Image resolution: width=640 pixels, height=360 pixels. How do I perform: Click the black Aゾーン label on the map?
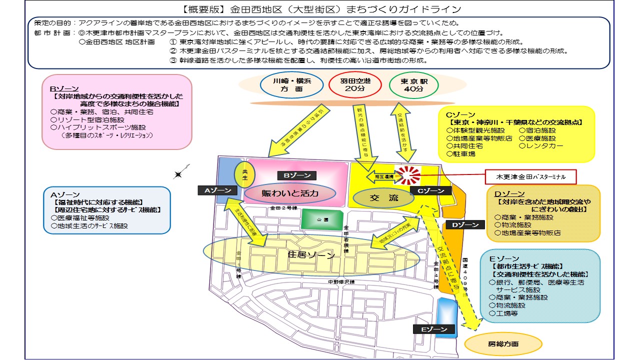214,190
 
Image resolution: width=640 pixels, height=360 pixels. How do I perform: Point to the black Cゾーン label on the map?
430,190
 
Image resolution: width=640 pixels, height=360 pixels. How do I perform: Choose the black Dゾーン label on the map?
464,225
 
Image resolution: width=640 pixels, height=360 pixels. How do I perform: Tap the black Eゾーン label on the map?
434,329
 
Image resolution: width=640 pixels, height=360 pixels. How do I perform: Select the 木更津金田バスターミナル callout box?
530,176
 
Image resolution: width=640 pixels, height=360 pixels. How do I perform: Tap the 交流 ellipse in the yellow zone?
384,198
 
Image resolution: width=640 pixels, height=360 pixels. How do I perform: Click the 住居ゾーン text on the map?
311,254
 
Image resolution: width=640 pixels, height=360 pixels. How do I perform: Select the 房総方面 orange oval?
503,344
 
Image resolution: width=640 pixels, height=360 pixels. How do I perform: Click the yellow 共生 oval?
245,174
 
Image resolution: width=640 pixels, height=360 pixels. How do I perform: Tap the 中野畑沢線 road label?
341,282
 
